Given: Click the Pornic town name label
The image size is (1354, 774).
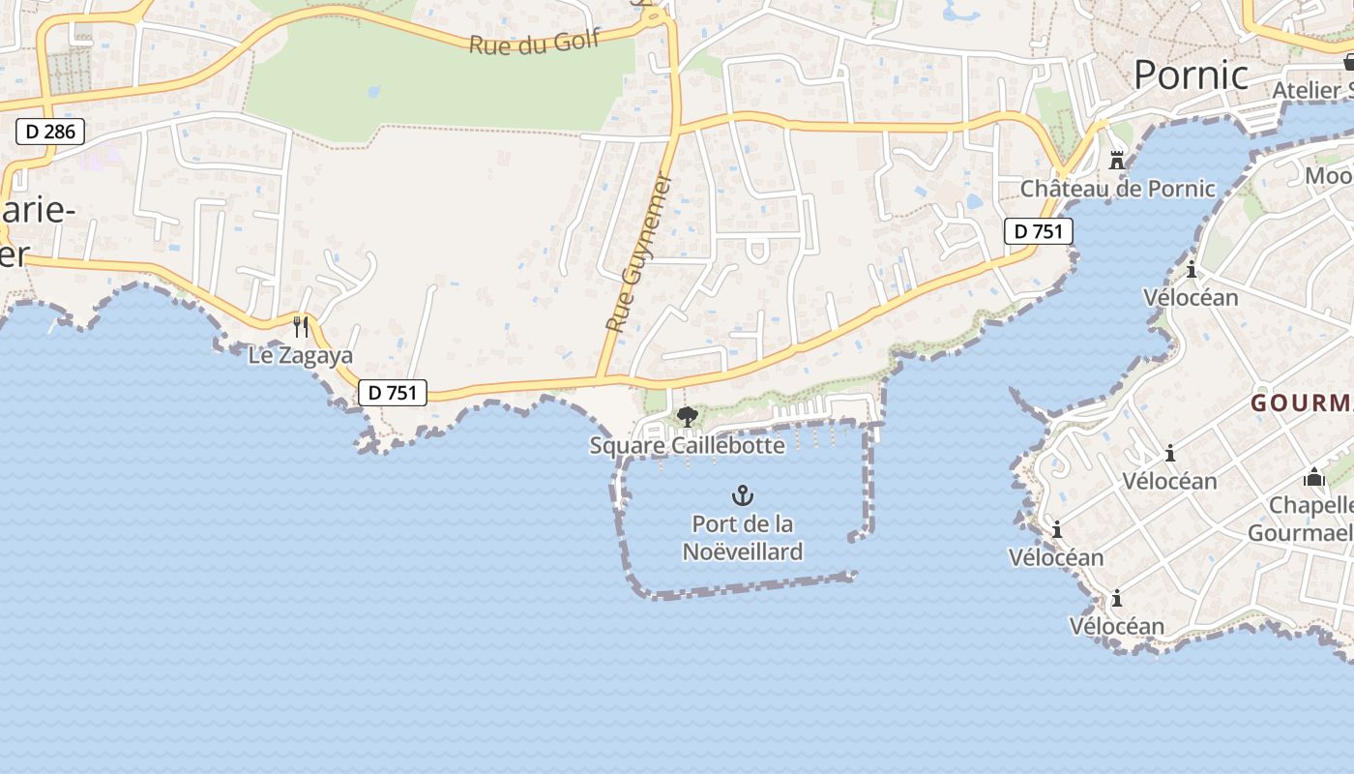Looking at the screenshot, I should (x=1191, y=74).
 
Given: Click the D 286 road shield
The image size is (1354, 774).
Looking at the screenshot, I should (x=50, y=132).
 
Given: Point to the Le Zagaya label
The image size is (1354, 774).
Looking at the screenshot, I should (x=301, y=355).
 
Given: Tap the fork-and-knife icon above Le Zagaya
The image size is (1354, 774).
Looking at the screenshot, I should (x=301, y=326).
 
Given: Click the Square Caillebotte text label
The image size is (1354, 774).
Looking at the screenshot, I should (x=687, y=445).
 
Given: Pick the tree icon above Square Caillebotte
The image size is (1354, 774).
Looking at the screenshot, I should (x=687, y=417).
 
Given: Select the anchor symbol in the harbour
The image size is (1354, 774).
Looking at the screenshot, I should (x=742, y=496).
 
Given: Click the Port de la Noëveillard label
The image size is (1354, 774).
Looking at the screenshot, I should (x=743, y=538).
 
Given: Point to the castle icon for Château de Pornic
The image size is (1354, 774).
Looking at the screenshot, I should (x=1117, y=160).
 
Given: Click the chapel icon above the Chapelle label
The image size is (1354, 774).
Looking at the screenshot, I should (x=1313, y=477).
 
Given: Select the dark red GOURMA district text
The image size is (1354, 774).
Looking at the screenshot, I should (x=1302, y=402).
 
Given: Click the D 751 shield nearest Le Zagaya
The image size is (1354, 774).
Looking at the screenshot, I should (x=393, y=392).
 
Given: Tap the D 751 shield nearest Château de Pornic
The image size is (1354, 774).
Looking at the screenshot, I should (x=1039, y=231).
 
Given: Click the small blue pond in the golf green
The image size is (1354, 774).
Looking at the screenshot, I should (x=373, y=92).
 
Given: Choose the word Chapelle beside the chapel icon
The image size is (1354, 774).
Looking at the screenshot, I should (x=1310, y=505).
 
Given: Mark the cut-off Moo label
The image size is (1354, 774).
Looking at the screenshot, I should (x=1329, y=175).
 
